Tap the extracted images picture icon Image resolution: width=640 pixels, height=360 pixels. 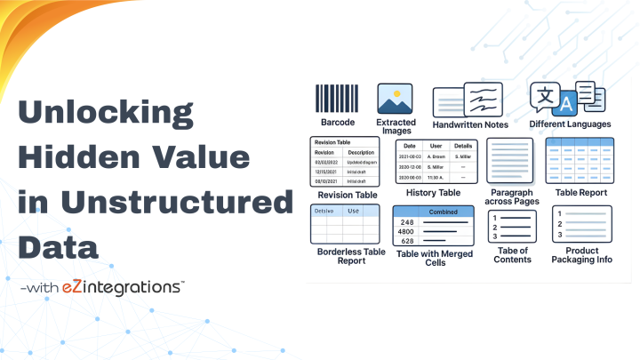coord(396,99)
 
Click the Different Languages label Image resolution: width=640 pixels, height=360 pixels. coord(569,124)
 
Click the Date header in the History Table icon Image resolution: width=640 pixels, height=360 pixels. coord(410,145)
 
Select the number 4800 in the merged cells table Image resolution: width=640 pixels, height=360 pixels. coord(408,231)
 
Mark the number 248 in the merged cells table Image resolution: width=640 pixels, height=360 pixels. coord(408,221)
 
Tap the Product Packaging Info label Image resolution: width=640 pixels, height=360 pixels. coord(582,255)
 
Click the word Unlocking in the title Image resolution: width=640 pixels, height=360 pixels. coord(106,115)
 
